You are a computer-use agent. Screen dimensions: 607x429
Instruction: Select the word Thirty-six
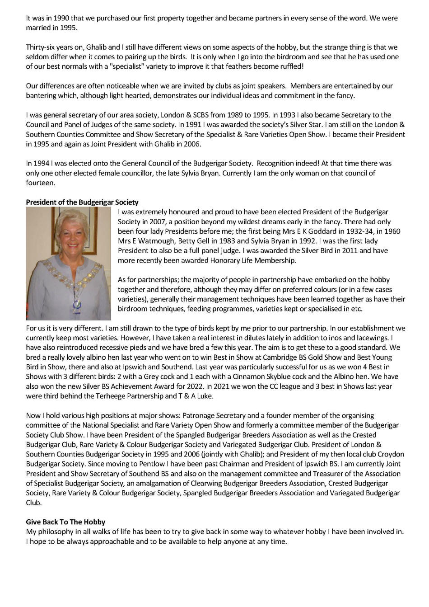tap(41, 47)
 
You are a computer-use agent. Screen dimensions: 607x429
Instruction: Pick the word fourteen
tap(40, 183)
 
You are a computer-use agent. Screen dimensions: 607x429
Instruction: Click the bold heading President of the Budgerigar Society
tap(82, 202)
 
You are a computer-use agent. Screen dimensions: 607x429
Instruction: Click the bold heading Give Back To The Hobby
tap(65, 522)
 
